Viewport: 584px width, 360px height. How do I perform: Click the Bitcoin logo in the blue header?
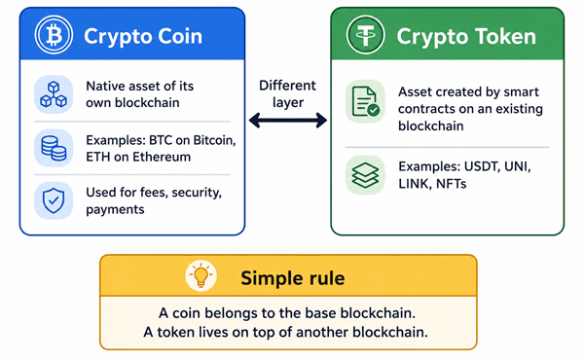click(x=54, y=35)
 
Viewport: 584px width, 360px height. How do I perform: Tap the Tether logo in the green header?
click(x=365, y=35)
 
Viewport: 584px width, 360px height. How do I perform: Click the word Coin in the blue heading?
click(x=179, y=36)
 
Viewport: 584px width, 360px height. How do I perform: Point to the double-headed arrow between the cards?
click(x=288, y=121)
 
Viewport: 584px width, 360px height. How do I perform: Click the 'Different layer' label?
click(x=287, y=93)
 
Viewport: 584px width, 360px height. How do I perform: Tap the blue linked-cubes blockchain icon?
click(x=54, y=94)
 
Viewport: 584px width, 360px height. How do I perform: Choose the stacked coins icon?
click(x=54, y=148)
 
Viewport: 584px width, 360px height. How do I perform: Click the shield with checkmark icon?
click(x=54, y=200)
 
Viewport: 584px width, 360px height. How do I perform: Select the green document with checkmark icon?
click(x=365, y=101)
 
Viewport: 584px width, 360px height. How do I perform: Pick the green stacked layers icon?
click(x=365, y=175)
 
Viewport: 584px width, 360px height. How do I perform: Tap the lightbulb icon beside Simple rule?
click(x=201, y=276)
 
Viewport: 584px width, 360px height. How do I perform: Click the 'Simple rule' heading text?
click(x=293, y=277)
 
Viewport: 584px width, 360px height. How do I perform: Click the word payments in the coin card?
click(x=115, y=209)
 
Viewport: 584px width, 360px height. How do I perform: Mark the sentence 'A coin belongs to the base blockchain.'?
click(x=287, y=313)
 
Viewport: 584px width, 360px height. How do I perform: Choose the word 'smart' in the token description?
click(x=523, y=91)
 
